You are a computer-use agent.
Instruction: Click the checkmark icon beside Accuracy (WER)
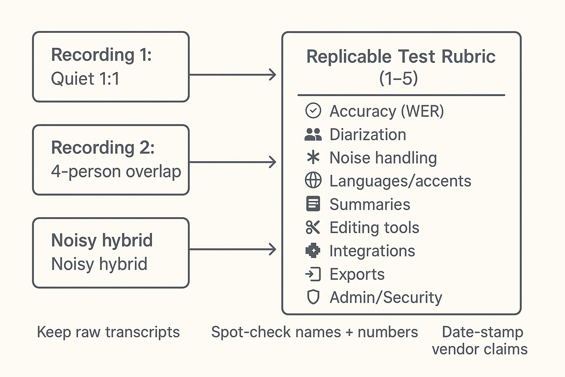coord(313,111)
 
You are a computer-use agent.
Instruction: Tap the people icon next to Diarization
coord(313,134)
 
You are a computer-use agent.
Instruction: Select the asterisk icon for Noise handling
coord(313,158)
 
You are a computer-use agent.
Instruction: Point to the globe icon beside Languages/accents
coord(313,181)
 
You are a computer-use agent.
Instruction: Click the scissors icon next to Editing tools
coord(313,228)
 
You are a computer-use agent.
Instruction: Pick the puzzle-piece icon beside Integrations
coord(313,251)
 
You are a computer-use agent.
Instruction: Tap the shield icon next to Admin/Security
coord(313,297)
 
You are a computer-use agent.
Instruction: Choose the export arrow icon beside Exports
coord(313,274)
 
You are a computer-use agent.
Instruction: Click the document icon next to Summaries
coord(313,204)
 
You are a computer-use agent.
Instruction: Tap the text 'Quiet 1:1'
coord(85,79)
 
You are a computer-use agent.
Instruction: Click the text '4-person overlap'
coord(116,172)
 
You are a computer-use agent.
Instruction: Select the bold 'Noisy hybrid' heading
coord(102,240)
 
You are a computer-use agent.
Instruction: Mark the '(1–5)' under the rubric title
coord(398,78)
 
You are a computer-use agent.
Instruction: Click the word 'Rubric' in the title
coord(468,57)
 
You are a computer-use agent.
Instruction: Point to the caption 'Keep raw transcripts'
coord(108,332)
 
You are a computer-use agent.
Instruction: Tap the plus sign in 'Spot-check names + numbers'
coord(349,332)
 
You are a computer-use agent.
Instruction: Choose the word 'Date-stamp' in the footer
coord(482,332)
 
